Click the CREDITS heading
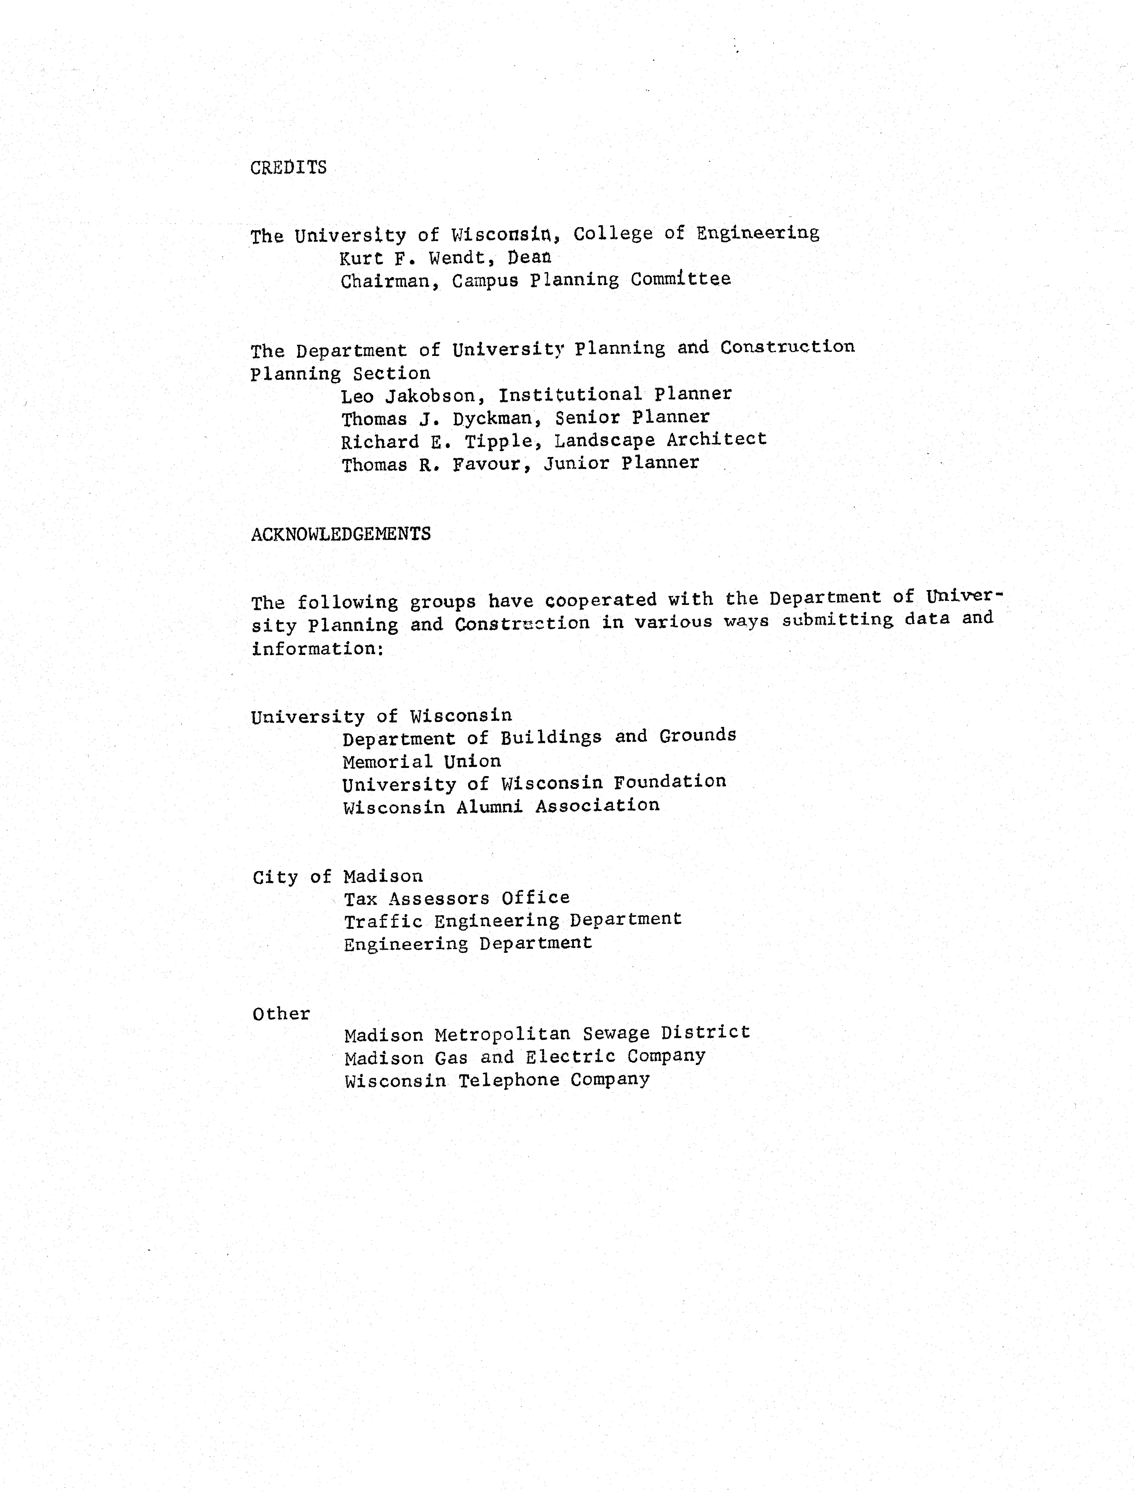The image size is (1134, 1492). coord(288,167)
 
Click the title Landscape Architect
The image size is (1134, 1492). coord(661,439)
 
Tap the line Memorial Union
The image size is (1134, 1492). coord(422,762)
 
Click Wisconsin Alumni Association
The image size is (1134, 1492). coord(501,806)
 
